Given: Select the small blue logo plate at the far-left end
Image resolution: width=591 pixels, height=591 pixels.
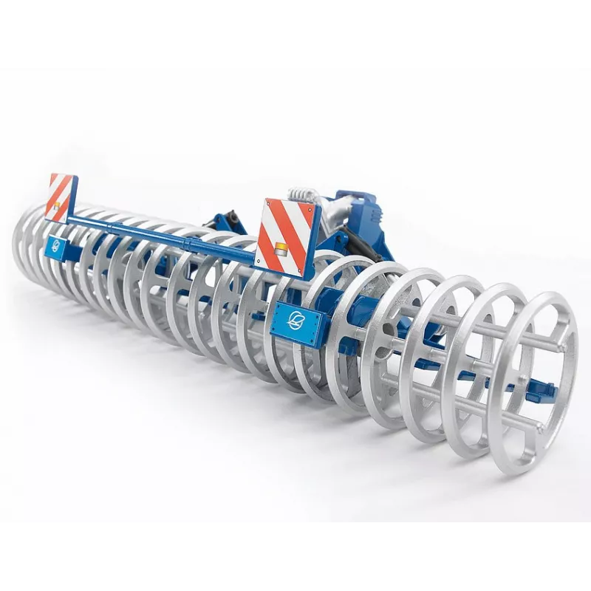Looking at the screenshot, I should click(53, 245).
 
